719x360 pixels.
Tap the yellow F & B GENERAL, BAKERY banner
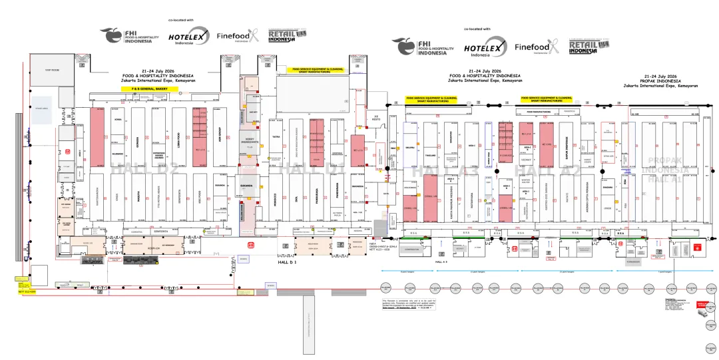click(x=150, y=88)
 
